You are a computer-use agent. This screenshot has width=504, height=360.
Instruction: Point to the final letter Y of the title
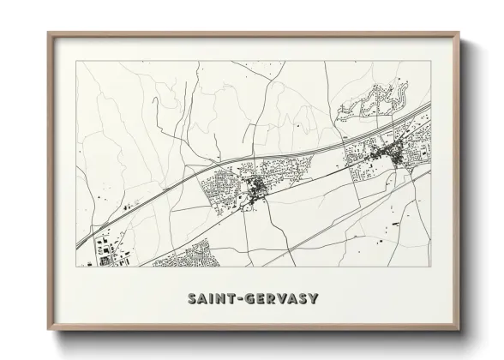pyautogui.click(x=314, y=299)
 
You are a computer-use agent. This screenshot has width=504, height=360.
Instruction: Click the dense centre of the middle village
pyautogui.click(x=256, y=189)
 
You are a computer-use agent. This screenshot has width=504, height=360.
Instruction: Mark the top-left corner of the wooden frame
pyautogui.click(x=48, y=33)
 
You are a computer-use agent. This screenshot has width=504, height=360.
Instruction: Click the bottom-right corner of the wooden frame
pyautogui.click(x=460, y=329)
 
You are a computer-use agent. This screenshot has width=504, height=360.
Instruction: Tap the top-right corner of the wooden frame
pyautogui.click(x=460, y=33)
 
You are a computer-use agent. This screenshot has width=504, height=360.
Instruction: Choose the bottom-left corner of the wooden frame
pyautogui.click(x=48, y=329)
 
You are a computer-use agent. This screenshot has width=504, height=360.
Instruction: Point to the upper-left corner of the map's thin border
pyautogui.click(x=76, y=62)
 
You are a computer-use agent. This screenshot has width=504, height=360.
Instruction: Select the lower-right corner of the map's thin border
pyautogui.click(x=431, y=267)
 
